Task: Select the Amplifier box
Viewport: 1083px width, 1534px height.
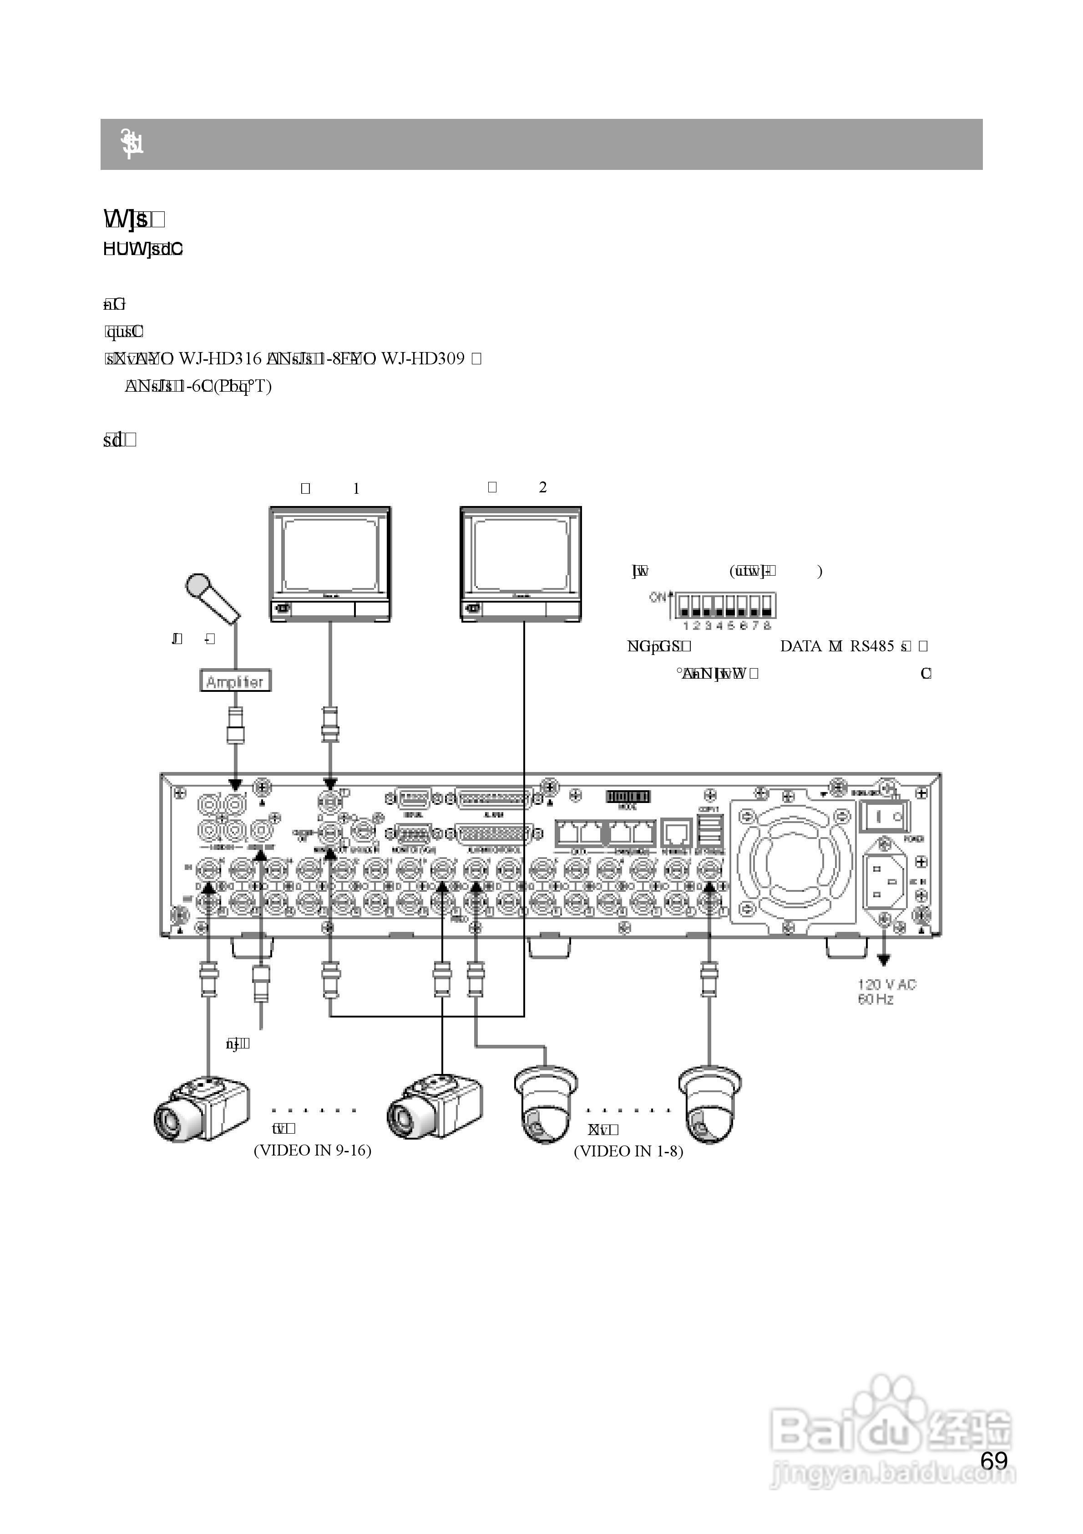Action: click(x=235, y=681)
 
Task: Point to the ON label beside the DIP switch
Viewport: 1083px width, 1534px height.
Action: click(x=658, y=597)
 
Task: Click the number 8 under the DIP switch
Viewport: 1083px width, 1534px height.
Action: click(x=767, y=626)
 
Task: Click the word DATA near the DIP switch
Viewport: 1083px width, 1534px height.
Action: click(x=800, y=646)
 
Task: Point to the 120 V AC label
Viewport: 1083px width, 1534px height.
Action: click(x=887, y=984)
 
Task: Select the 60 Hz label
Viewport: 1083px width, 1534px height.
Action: click(x=876, y=999)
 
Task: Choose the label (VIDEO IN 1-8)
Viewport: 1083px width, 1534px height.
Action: click(x=628, y=1150)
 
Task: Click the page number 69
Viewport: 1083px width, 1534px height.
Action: click(x=993, y=1461)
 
